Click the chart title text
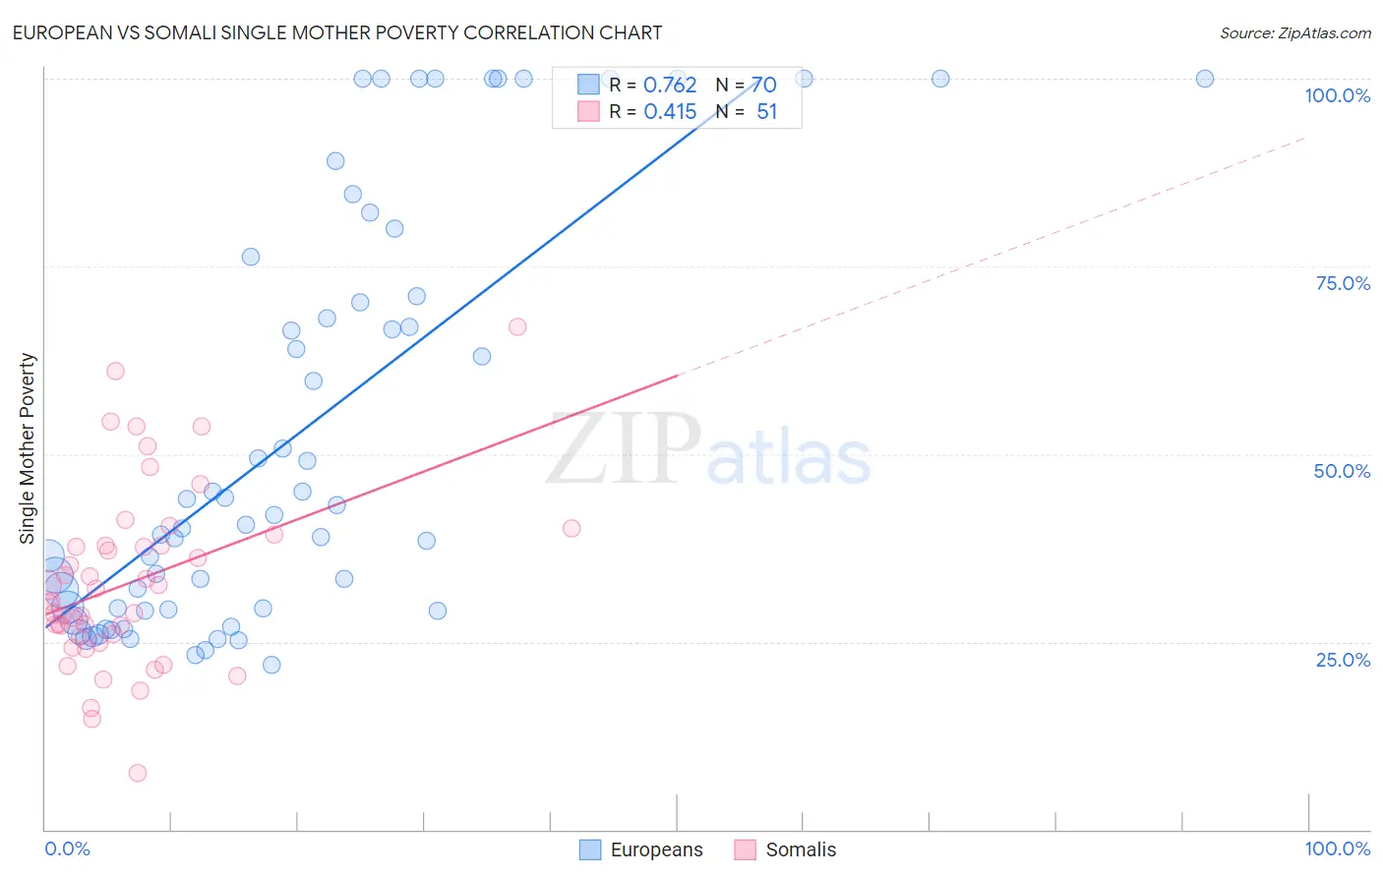[x=337, y=32]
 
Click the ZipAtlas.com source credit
[x=1294, y=32]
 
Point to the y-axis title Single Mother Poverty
[x=28, y=448]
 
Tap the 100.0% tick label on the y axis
[x=1337, y=95]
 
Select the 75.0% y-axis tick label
[x=1343, y=283]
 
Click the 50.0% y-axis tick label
[x=1342, y=471]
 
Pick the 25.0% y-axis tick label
[x=1343, y=659]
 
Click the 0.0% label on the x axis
[x=67, y=848]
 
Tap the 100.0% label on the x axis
[x=1337, y=848]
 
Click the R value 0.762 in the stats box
[x=670, y=86]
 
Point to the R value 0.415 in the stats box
[x=670, y=112]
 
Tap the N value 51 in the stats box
[x=766, y=112]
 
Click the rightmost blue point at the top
[x=1204, y=79]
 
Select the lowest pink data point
[x=138, y=773]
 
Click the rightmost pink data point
[x=571, y=528]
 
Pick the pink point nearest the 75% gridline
[x=517, y=326]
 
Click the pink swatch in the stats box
[x=588, y=111]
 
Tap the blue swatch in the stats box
[x=588, y=85]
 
